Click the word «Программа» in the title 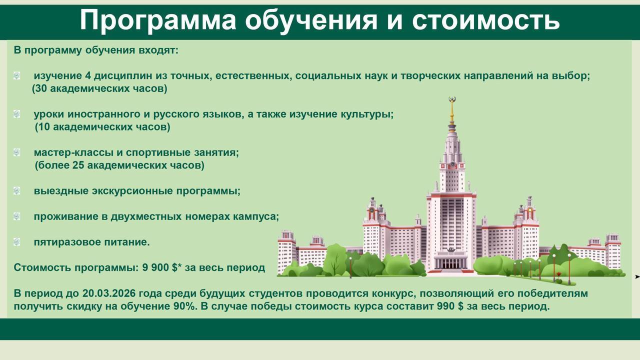[158, 20]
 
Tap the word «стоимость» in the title [485, 20]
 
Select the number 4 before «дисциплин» [87, 75]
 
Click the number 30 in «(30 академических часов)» [41, 88]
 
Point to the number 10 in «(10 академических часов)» [44, 127]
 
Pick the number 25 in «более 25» [78, 165]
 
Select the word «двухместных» [146, 216]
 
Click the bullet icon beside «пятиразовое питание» [17, 242]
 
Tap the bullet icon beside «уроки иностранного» [17, 114]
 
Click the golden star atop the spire [452, 99]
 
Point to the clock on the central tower [452, 164]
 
